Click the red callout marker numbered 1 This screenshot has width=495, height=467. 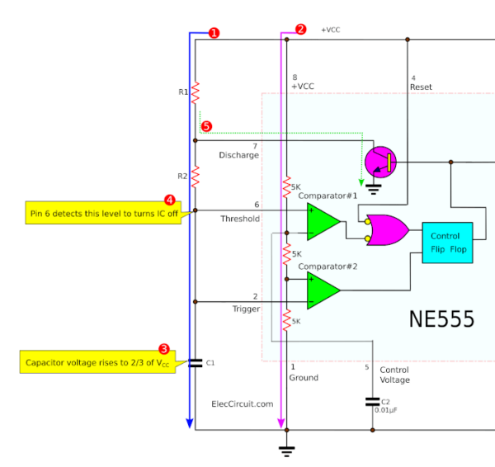pos(214,33)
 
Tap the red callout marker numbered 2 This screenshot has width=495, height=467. pos(300,29)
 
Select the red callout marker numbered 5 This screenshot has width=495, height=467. pos(206,127)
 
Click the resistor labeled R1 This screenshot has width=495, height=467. pos(196,92)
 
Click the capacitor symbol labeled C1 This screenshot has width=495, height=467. pos(196,362)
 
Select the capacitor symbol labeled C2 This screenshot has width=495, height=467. pos(372,402)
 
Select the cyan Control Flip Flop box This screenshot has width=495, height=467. pos(446,243)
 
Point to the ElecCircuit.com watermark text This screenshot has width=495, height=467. pos(242,404)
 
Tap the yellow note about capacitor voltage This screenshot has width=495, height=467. pos(97,362)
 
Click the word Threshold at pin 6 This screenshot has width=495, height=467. pos(240,219)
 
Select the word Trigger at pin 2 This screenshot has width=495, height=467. pos(246,309)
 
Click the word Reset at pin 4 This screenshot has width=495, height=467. pos(421,87)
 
